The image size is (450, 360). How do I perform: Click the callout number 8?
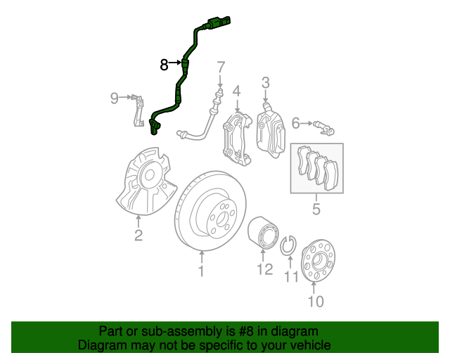pyautogui.click(x=164, y=65)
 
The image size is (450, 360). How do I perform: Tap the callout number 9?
pyautogui.click(x=115, y=98)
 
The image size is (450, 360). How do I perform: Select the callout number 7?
pyautogui.click(x=221, y=68)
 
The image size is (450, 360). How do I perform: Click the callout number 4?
pyautogui.click(x=237, y=91)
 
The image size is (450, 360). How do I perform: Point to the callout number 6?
pyautogui.click(x=296, y=124)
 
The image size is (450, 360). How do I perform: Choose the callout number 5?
pyautogui.click(x=316, y=209)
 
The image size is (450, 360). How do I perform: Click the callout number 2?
pyautogui.click(x=139, y=236)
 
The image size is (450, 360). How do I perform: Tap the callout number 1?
pyautogui.click(x=201, y=271)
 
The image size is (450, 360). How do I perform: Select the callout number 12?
pyautogui.click(x=264, y=269)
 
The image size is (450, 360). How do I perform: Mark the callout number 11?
pyautogui.click(x=292, y=277)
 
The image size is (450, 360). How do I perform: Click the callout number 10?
pyautogui.click(x=315, y=302)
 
